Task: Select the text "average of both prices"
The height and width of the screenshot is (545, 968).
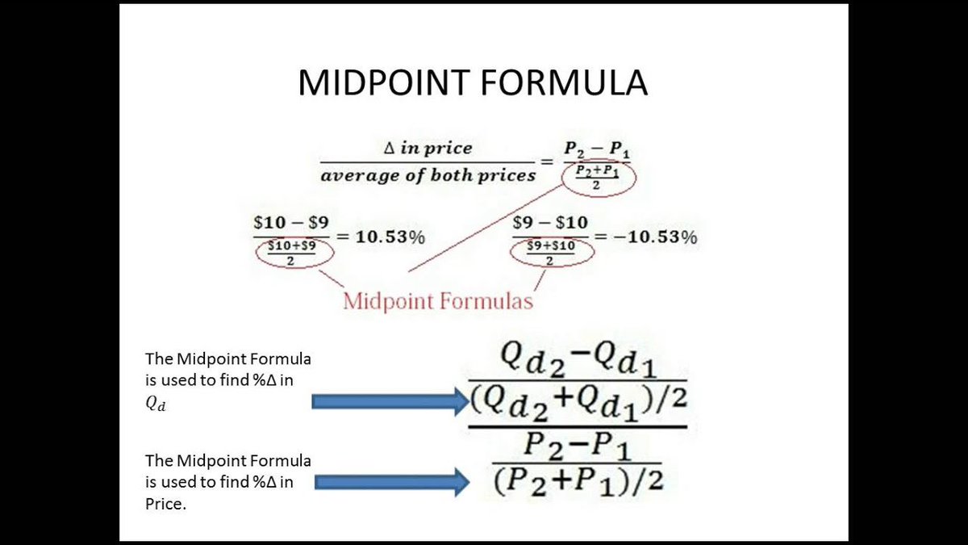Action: coord(428,174)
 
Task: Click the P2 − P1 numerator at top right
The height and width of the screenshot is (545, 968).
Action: coord(596,148)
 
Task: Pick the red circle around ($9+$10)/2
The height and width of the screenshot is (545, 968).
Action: coord(553,253)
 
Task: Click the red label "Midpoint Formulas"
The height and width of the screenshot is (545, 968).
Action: coord(438,301)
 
